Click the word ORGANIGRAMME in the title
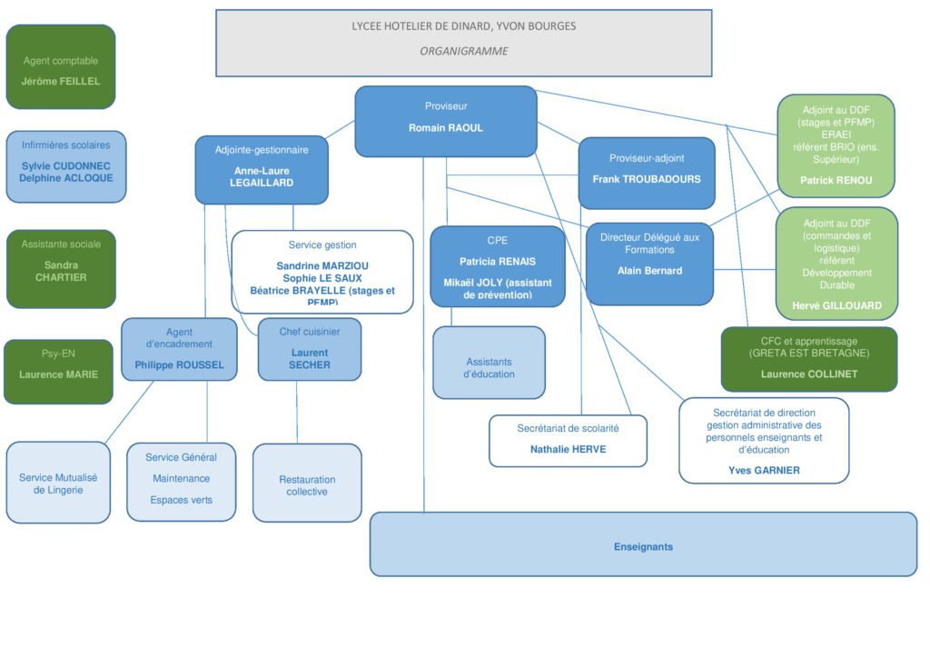click(463, 52)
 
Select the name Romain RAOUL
click(445, 128)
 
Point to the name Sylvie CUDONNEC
click(66, 166)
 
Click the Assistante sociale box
click(61, 268)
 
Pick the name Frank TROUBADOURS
click(647, 179)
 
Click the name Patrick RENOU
click(836, 181)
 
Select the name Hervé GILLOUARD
click(836, 306)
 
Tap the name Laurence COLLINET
click(808, 374)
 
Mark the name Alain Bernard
click(649, 271)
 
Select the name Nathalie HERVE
click(568, 449)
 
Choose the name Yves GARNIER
click(764, 471)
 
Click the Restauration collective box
click(307, 485)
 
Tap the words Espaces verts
click(181, 500)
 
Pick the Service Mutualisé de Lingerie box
click(58, 484)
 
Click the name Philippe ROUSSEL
click(179, 365)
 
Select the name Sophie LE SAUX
click(322, 278)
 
